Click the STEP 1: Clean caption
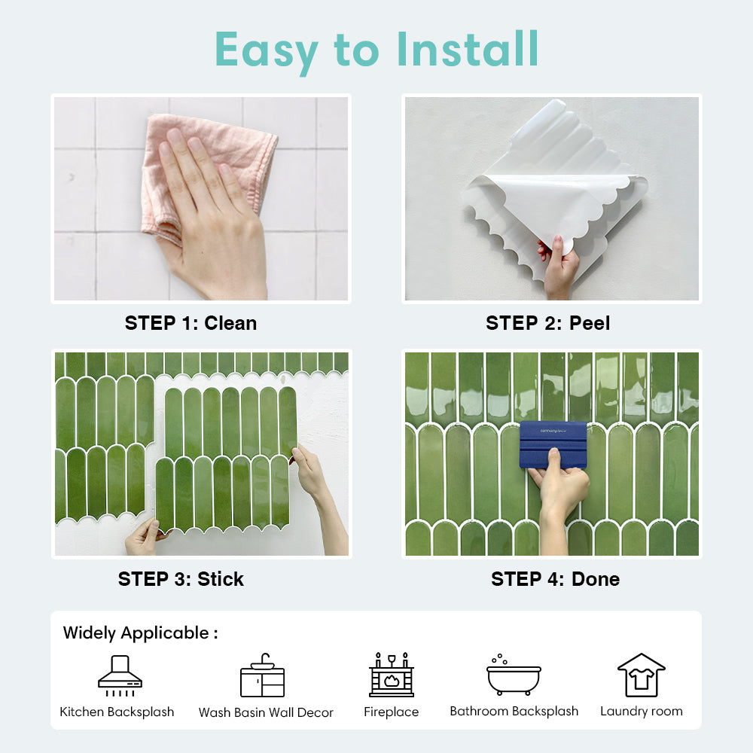(191, 323)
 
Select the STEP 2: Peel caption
(548, 323)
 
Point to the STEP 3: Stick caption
(181, 579)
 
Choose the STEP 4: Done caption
(555, 579)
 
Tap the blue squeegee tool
(553, 444)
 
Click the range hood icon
(120, 675)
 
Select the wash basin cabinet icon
(262, 675)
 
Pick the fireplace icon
(392, 675)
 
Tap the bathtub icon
(514, 675)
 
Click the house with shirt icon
(641, 675)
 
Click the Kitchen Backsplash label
(117, 712)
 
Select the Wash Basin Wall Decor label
(266, 712)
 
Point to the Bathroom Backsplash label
(514, 712)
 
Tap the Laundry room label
(642, 712)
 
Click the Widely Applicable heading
(140, 633)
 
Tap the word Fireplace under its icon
(392, 712)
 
